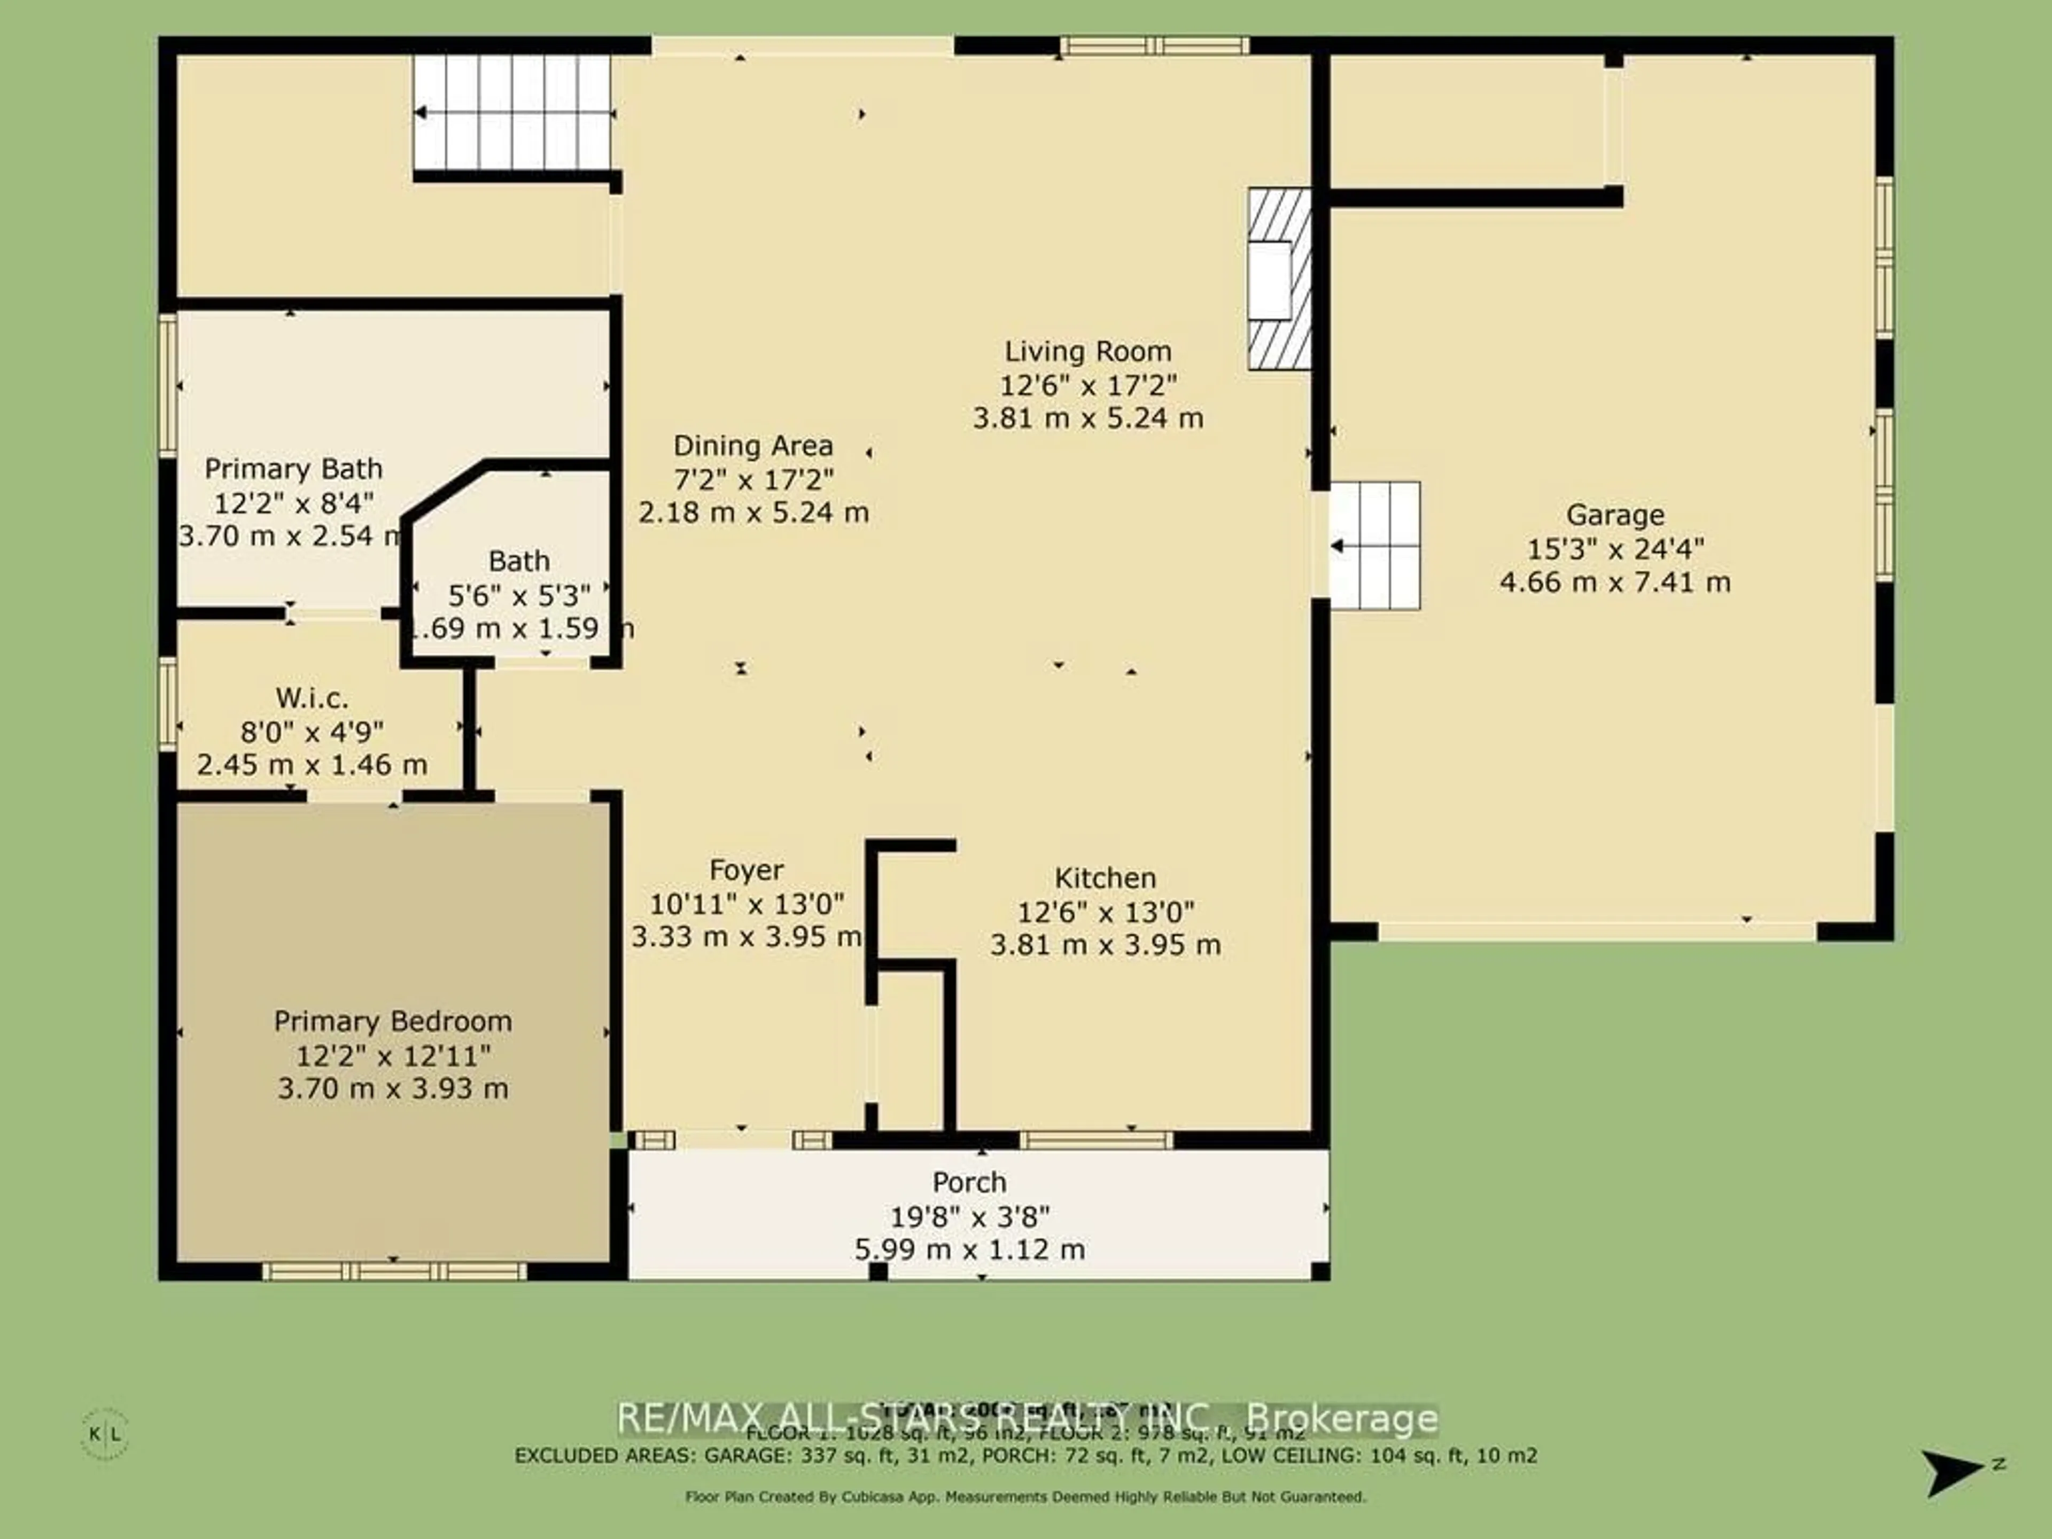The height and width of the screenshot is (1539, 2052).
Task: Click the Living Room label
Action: click(1088, 352)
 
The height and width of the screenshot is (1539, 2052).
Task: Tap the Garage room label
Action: click(1614, 515)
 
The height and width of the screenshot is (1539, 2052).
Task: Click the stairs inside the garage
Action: click(1375, 546)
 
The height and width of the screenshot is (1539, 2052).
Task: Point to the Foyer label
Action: click(746, 870)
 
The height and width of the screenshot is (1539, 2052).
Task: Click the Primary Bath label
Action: click(293, 469)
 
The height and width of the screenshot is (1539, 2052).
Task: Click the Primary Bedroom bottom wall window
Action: click(394, 1271)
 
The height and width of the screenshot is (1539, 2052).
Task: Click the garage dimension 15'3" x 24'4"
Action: click(1614, 549)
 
